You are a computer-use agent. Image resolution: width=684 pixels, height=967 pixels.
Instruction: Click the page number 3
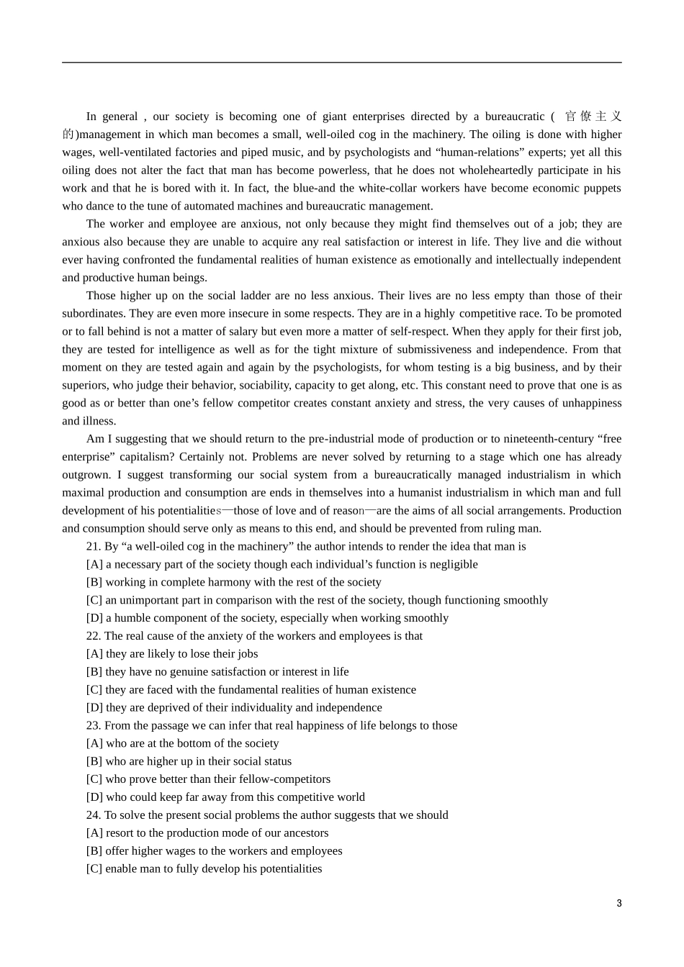point(618,904)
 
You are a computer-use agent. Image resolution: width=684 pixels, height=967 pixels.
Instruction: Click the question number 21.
point(93,547)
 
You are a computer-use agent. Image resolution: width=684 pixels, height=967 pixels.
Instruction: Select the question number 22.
point(93,636)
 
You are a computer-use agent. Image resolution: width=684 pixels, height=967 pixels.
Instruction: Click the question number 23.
point(93,726)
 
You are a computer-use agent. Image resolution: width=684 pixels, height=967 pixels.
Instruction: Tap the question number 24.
point(93,815)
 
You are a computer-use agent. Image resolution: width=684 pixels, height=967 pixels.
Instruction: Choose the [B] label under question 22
point(94,672)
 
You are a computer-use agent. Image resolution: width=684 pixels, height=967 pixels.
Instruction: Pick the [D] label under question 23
point(94,797)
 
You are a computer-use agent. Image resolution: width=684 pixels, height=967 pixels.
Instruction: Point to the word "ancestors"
point(304,833)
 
